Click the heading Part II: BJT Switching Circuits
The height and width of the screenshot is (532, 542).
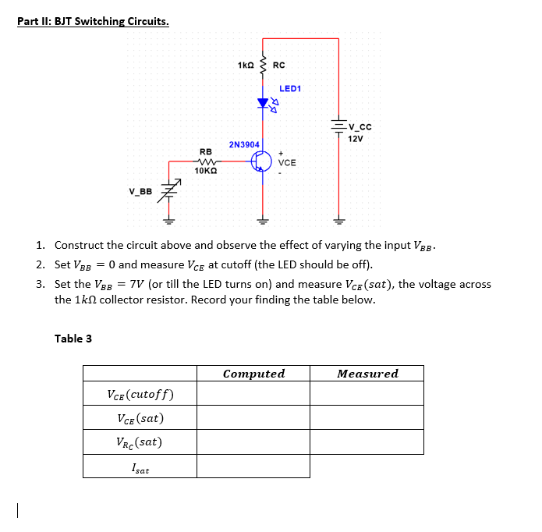pyautogui.click(x=93, y=21)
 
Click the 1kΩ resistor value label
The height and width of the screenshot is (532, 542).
pyautogui.click(x=245, y=65)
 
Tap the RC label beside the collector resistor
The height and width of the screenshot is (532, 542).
pyautogui.click(x=279, y=65)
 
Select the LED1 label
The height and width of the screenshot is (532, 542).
pyautogui.click(x=289, y=89)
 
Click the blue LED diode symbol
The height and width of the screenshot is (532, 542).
pyautogui.click(x=263, y=102)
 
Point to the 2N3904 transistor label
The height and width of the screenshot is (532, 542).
pyautogui.click(x=244, y=144)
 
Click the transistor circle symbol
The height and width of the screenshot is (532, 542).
pyautogui.click(x=263, y=161)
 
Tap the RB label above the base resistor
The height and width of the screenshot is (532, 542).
pyautogui.click(x=206, y=151)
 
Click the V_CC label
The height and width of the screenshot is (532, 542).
pyautogui.click(x=360, y=127)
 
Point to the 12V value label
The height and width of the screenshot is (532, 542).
pyautogui.click(x=356, y=139)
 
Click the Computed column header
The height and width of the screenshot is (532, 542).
pyautogui.click(x=253, y=374)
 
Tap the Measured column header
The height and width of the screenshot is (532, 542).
pyautogui.click(x=367, y=374)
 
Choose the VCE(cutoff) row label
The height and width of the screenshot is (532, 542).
pyautogui.click(x=140, y=394)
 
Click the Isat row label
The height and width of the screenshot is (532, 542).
pyautogui.click(x=140, y=468)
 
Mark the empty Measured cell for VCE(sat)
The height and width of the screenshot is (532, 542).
pyautogui.click(x=367, y=418)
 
